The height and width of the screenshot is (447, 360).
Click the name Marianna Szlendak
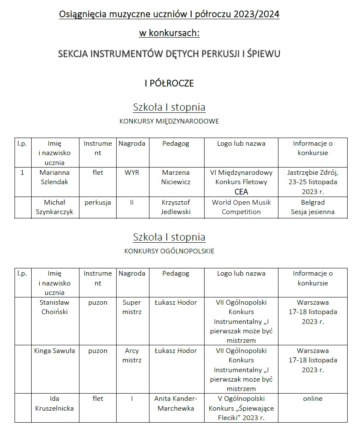pyautogui.click(x=54, y=177)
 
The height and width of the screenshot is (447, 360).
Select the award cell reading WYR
pyautogui.click(x=132, y=173)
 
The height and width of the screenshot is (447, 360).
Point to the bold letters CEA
pyautogui.click(x=241, y=192)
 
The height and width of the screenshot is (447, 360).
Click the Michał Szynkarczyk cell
pyautogui.click(x=54, y=207)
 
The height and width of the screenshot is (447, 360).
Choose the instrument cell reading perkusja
pyautogui.click(x=98, y=203)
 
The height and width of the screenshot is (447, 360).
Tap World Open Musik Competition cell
pyautogui.click(x=241, y=207)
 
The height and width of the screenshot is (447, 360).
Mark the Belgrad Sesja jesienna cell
pyautogui.click(x=313, y=207)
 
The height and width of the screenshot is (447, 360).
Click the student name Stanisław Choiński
pyautogui.click(x=54, y=307)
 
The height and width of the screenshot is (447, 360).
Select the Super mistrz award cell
pyautogui.click(x=132, y=307)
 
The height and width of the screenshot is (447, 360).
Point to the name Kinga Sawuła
pyautogui.click(x=54, y=351)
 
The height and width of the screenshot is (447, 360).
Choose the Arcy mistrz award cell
pyautogui.click(x=132, y=355)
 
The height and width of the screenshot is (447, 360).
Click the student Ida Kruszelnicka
pyautogui.click(x=54, y=403)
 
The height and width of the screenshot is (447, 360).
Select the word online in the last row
pyautogui.click(x=313, y=399)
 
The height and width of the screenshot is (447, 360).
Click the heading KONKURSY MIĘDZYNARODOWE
pyautogui.click(x=169, y=121)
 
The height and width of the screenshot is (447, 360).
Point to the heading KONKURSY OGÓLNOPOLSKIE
pyautogui.click(x=169, y=251)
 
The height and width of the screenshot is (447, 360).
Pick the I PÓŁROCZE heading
pyautogui.click(x=169, y=83)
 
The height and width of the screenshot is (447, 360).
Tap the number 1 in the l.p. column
pyautogui.click(x=22, y=173)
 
